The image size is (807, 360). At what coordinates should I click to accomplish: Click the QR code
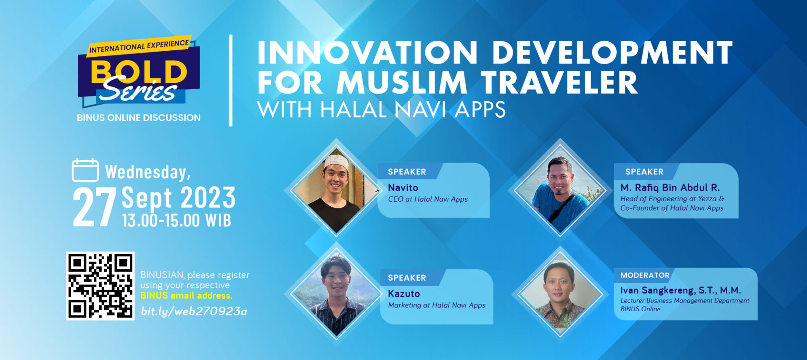[x=100, y=286]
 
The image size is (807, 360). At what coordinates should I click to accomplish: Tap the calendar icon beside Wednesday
[x=85, y=170]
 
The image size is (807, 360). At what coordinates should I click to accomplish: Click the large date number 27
[x=95, y=207]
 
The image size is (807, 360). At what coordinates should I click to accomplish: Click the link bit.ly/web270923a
[x=194, y=311]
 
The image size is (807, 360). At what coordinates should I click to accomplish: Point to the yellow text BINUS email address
[x=186, y=296]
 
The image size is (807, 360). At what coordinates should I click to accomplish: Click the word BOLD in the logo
[x=139, y=71]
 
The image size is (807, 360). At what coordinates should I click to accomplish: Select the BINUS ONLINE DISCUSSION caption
[x=139, y=118]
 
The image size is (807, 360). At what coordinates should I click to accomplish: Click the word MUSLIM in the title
[x=402, y=83]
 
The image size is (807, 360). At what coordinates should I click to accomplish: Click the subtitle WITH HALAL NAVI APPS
[x=381, y=110]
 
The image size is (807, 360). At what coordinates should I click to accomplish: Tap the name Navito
[x=403, y=188]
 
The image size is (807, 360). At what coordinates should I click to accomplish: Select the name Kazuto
[x=404, y=294]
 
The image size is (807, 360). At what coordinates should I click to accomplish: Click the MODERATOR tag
[x=645, y=275]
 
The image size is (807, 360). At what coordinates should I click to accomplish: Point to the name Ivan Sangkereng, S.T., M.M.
[x=680, y=290]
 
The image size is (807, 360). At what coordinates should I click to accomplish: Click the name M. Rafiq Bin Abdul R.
[x=670, y=187]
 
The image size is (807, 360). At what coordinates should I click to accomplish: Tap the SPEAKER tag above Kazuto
[x=407, y=278]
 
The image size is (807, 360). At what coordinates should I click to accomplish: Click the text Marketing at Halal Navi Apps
[x=437, y=305]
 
